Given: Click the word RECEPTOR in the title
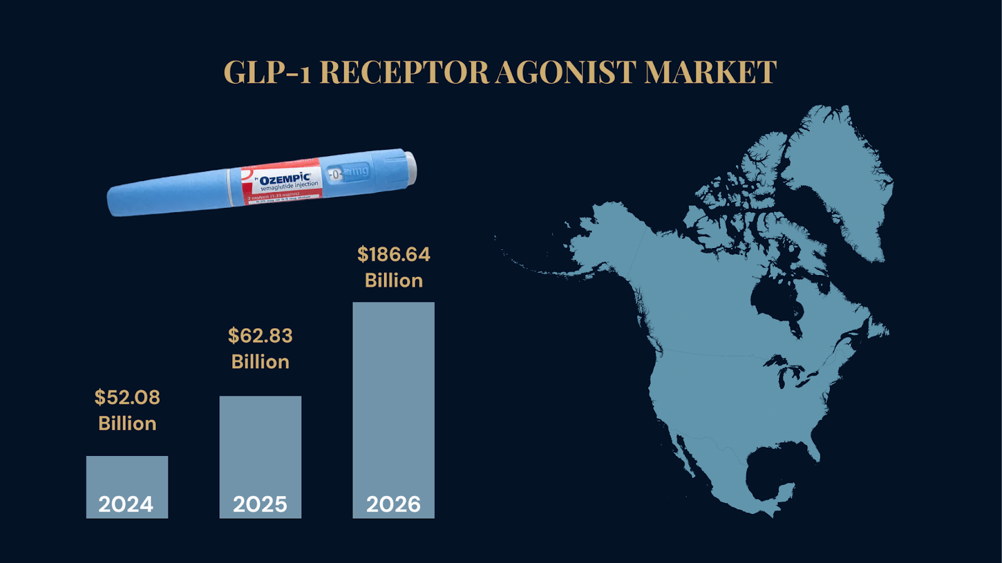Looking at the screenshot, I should coord(404,72).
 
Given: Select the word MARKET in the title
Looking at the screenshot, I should coord(710,72).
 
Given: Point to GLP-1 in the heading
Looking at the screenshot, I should coord(267,72).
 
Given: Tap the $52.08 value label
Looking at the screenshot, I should coord(127,397).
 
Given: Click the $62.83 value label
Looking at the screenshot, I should coord(260,336).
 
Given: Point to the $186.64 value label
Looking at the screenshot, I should coord(393,254).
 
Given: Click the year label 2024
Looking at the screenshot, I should coord(126,504).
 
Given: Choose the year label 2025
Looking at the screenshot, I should coord(260,504).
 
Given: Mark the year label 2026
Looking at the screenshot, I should coord(393,504).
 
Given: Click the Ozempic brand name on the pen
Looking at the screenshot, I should coord(285,178).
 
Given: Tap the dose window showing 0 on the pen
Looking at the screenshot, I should coord(336,174).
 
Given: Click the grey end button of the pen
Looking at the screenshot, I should coord(410,168).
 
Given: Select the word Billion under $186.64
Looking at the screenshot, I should coord(393,281).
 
